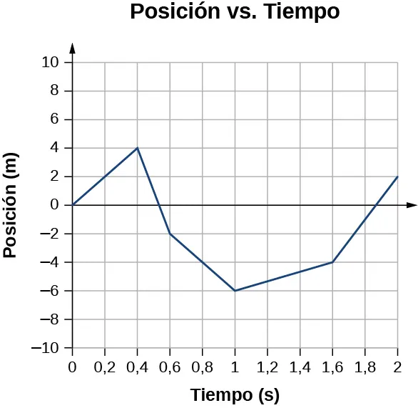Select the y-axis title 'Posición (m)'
coord(11,206)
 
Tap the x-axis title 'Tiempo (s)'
coord(235,394)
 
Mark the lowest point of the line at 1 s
coord(235,291)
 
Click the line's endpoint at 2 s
coord(397,176)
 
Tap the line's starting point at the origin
coord(73,205)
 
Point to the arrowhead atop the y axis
coord(73,47)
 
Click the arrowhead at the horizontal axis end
coord(412,205)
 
